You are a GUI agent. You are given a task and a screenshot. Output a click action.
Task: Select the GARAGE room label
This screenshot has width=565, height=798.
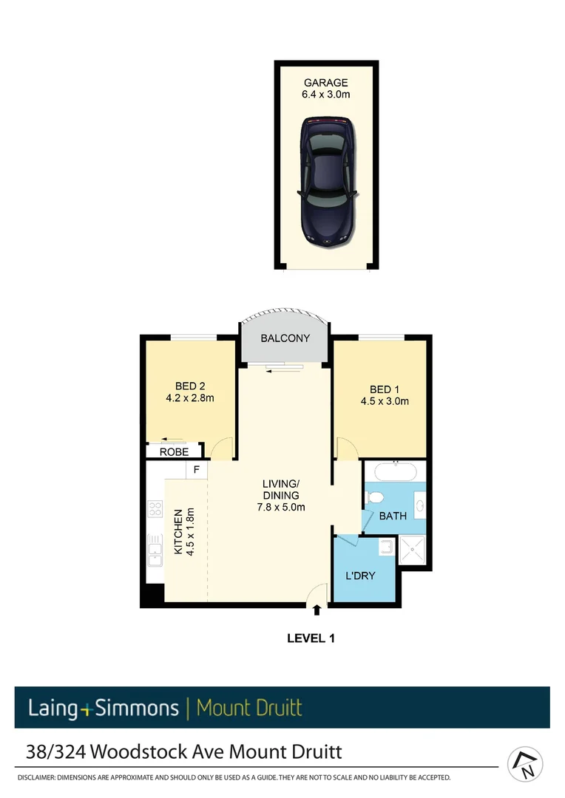click(x=325, y=83)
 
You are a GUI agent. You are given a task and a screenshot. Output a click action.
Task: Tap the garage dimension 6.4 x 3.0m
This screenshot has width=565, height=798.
click(x=325, y=95)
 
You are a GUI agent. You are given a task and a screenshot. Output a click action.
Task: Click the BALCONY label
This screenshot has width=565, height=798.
click(x=285, y=338)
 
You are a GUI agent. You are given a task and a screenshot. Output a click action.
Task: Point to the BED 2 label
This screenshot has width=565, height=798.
click(x=190, y=386)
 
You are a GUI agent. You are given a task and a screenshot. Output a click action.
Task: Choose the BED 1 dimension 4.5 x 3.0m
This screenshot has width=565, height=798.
click(x=384, y=401)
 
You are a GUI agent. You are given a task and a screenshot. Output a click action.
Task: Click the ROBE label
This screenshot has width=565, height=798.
click(x=175, y=451)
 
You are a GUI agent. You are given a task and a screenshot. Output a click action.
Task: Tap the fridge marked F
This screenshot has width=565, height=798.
click(x=197, y=469)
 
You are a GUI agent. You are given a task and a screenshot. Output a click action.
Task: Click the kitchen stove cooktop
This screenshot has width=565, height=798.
click(x=155, y=508)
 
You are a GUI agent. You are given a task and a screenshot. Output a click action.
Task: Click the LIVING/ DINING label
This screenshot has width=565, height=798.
click(x=281, y=489)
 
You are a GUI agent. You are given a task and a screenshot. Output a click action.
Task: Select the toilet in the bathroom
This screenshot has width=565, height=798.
click(x=373, y=497)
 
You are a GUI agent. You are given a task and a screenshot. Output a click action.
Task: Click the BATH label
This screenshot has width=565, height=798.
click(x=393, y=516)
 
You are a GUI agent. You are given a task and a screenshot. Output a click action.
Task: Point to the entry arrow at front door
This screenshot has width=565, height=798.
click(x=317, y=610)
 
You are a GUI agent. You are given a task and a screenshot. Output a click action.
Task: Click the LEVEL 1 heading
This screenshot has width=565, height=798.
click(x=311, y=638)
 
